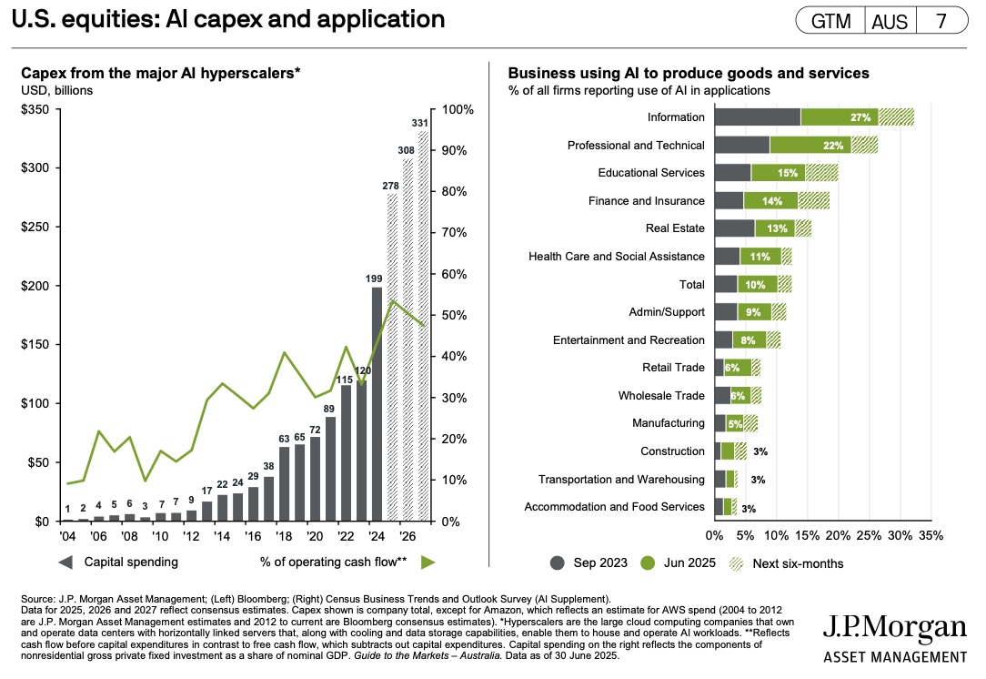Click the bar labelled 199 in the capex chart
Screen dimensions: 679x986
[377, 404]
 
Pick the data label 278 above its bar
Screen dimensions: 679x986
[393, 186]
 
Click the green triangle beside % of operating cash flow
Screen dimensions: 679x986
[428, 562]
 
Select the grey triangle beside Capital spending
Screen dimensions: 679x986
[65, 562]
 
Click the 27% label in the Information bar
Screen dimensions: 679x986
[860, 117]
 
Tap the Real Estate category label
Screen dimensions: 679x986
[675, 228]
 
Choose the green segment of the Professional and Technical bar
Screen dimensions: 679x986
[810, 146]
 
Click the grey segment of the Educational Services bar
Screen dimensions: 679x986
[732, 173]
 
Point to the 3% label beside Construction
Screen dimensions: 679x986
[760, 451]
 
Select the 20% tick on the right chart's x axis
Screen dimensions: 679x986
[838, 535]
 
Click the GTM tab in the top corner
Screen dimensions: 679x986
[830, 21]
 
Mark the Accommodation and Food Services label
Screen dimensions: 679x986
[614, 507]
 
